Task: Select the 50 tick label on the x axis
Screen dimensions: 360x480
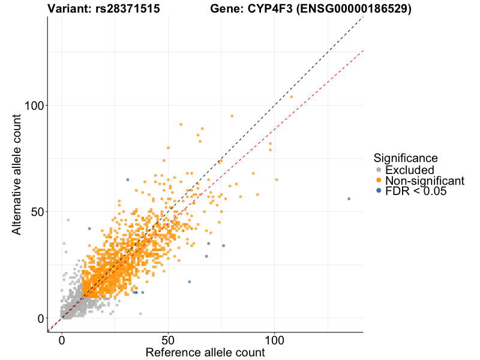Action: point(168,340)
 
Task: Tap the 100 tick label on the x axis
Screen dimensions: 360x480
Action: point(275,340)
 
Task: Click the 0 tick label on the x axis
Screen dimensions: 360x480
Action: point(62,340)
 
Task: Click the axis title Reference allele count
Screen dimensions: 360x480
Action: point(205,352)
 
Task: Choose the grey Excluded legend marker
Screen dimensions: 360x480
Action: point(379,170)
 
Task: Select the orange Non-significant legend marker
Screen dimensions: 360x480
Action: point(379,181)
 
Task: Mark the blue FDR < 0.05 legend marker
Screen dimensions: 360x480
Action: point(379,191)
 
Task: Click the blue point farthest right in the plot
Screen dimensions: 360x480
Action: point(349,199)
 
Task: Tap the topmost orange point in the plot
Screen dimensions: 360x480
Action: point(292,97)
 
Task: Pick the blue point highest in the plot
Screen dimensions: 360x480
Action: point(127,179)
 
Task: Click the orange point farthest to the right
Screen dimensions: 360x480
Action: point(292,97)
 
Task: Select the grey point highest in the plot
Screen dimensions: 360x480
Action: point(68,220)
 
